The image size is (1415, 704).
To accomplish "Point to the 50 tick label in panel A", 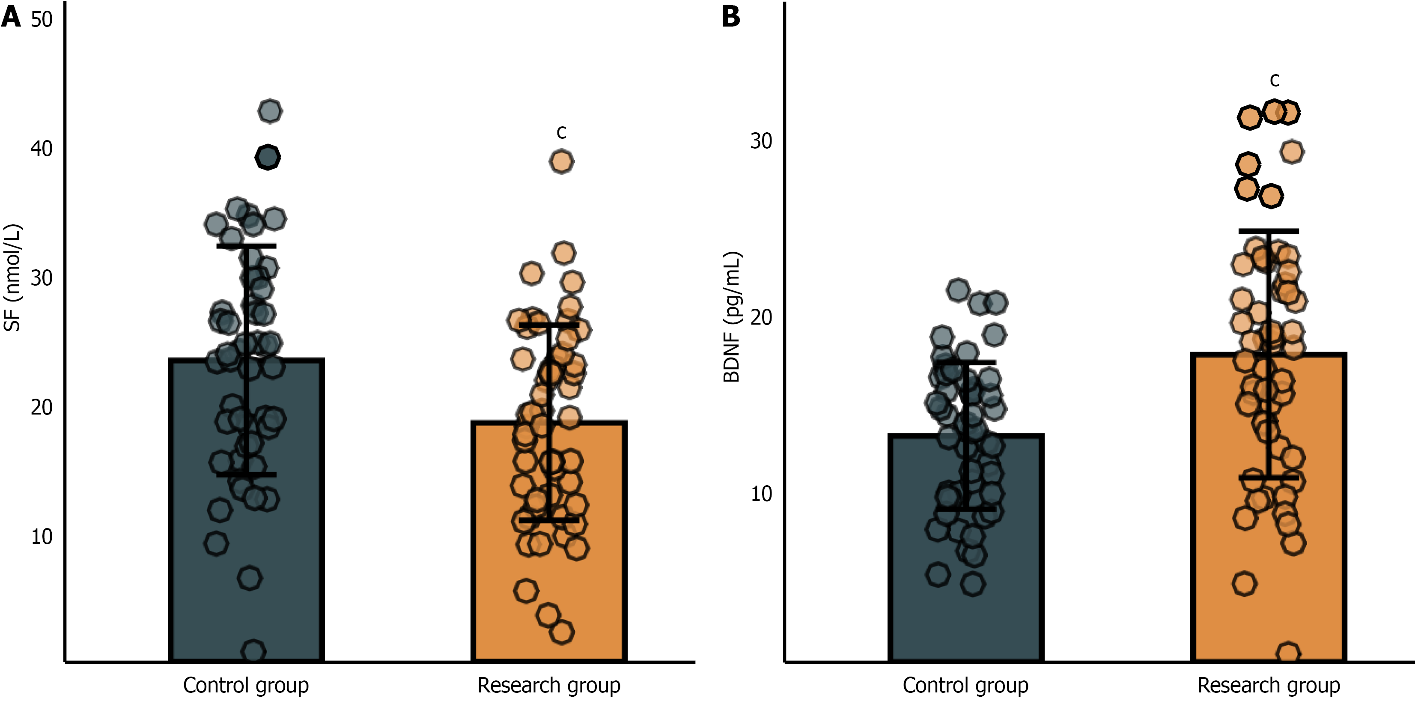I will tap(41, 20).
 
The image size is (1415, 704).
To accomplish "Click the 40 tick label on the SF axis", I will tap(41, 149).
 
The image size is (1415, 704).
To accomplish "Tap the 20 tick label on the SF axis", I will tap(41, 407).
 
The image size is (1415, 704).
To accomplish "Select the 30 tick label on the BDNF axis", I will tap(761, 141).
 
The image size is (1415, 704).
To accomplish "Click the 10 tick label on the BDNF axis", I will tap(761, 494).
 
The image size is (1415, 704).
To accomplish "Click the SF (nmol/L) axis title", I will tap(12, 277).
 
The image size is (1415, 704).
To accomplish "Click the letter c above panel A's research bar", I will tap(561, 132).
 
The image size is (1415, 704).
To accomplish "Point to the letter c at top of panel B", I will tap(1275, 80).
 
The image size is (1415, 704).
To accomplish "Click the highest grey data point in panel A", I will tap(270, 111).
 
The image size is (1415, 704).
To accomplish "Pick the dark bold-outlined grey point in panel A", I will tap(268, 157).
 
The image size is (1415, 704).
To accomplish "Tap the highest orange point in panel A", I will tap(561, 161).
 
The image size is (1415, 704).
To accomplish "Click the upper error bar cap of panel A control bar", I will tap(246, 246).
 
